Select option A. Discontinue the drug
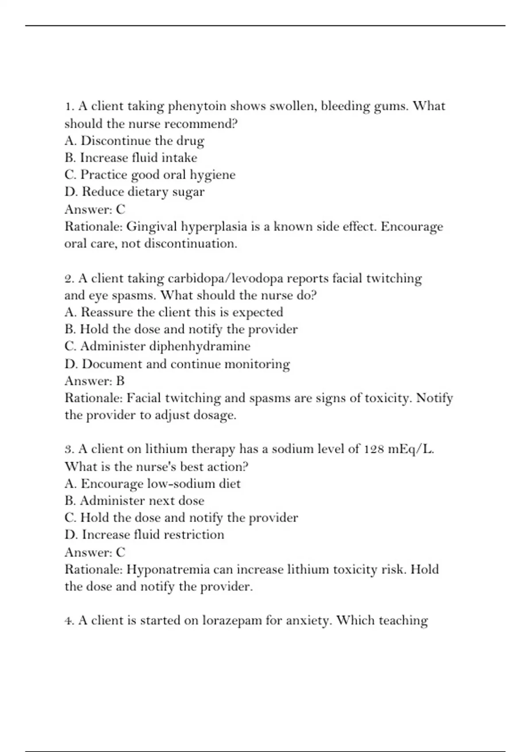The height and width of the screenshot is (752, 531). [x=134, y=141]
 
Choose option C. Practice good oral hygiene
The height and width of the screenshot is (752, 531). [x=150, y=175]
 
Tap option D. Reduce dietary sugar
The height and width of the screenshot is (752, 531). [x=134, y=192]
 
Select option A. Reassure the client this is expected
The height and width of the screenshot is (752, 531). [x=173, y=312]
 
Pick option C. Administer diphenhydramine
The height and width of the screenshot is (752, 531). [x=157, y=346]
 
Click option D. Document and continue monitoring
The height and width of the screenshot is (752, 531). [x=177, y=364]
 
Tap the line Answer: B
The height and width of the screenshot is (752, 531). [x=95, y=381]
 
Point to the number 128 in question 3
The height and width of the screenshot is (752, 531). [x=374, y=449]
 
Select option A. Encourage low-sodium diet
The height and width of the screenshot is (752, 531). [x=152, y=483]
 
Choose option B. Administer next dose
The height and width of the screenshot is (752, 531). [x=134, y=501]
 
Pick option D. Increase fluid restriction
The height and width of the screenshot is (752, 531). [x=144, y=535]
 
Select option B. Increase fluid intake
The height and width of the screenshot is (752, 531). [x=131, y=158]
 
